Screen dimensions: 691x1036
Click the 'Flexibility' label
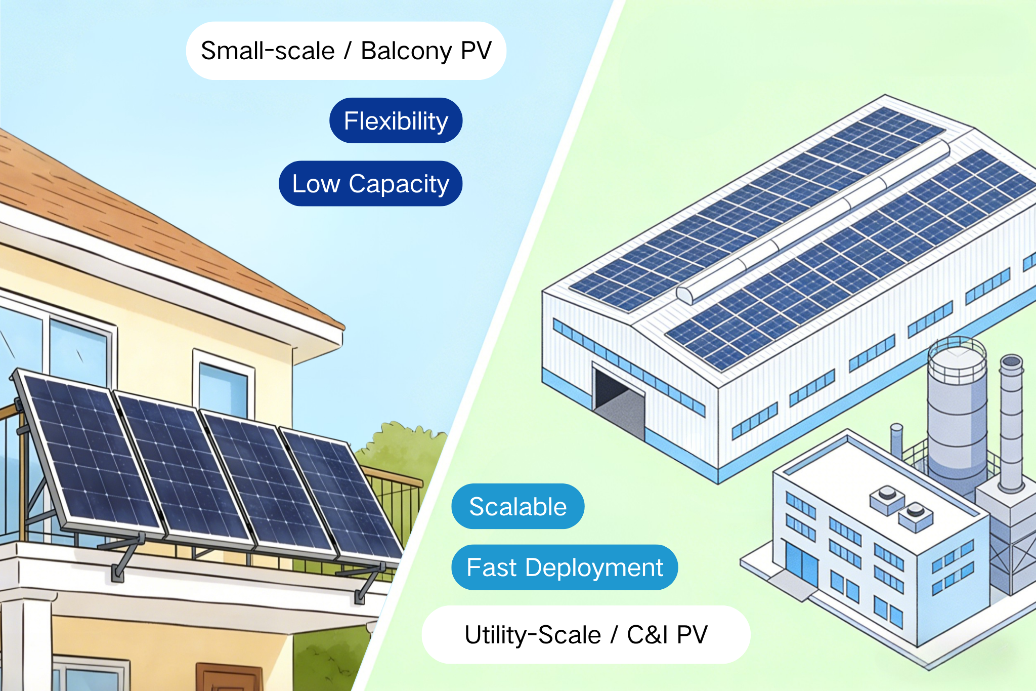click(x=396, y=120)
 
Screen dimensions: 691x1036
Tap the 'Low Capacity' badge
click(x=370, y=183)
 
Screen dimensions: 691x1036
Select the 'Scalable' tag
click(x=517, y=506)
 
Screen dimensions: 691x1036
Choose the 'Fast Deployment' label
click(x=564, y=567)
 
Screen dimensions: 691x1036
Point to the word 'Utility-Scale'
click(x=532, y=635)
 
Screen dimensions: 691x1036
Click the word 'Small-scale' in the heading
click(x=268, y=51)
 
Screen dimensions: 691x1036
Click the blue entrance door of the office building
click(x=801, y=562)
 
